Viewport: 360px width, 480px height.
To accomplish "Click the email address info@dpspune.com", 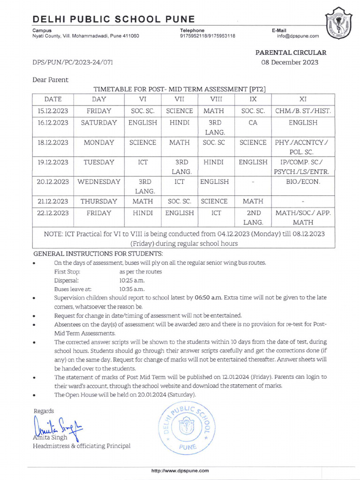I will tap(298, 36).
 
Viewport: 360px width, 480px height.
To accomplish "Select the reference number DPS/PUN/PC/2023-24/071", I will tap(72, 62).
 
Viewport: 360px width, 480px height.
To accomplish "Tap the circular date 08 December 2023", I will tap(290, 62).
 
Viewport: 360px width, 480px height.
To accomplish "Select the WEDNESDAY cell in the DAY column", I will tap(99, 181).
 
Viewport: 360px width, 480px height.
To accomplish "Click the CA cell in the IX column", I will tap(253, 123).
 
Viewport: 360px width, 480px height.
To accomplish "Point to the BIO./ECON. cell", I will tap(303, 181).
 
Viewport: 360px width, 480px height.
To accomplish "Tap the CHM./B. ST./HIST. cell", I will tap(303, 111).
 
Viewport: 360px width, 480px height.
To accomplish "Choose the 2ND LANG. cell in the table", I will tap(253, 217).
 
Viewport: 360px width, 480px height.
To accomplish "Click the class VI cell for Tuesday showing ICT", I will tap(142, 162).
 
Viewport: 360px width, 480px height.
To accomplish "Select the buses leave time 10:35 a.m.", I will tap(132, 289).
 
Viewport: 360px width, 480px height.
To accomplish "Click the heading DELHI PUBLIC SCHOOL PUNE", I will tap(113, 19).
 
